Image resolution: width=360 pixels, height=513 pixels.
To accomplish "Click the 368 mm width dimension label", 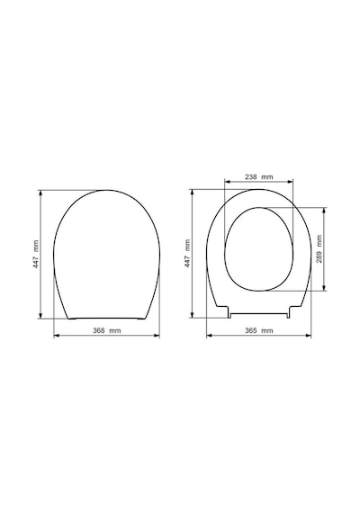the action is [107, 330].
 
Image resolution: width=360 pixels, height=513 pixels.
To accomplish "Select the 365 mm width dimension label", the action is [259, 330].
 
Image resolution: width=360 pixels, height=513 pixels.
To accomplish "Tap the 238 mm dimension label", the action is [259, 177].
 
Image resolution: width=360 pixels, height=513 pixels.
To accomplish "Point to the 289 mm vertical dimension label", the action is [319, 249].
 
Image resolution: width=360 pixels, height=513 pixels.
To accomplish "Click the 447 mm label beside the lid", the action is [36, 255].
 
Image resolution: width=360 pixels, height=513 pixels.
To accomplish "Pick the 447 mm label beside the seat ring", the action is [187, 254].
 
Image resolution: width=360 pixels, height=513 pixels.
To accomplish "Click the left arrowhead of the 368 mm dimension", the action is [56, 336].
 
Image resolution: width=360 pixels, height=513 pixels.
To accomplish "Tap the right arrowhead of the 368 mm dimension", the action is [157, 336].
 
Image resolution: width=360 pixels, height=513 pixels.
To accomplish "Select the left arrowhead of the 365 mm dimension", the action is [209, 336].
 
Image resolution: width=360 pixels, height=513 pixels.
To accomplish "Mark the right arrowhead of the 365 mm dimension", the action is [309, 336].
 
